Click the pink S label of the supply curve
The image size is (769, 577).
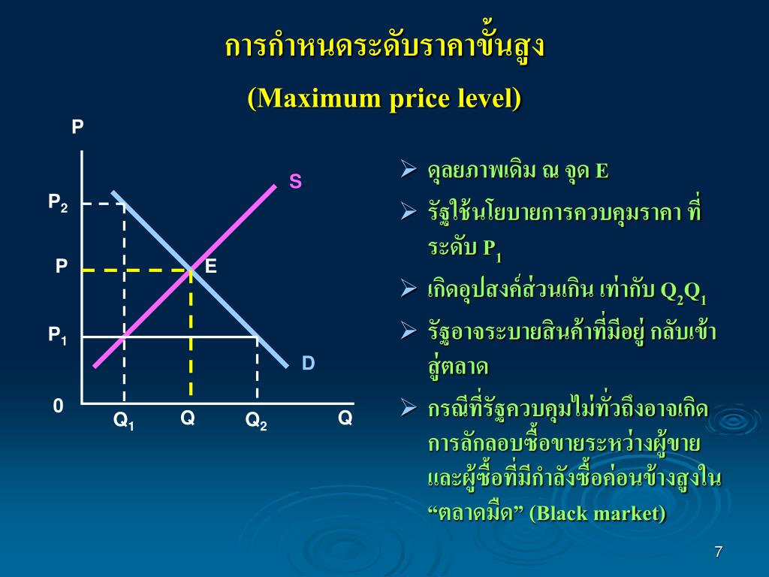click(x=296, y=181)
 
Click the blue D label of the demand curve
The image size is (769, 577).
click(x=309, y=364)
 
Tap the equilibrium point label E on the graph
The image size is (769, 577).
click(x=211, y=266)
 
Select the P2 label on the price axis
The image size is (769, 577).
click(x=58, y=202)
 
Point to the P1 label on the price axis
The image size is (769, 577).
click(x=58, y=336)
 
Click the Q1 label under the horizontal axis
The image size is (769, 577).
click(x=124, y=422)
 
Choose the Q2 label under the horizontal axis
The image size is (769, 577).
click(x=256, y=422)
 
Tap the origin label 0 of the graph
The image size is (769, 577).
click(x=58, y=406)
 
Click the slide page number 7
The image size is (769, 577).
click(x=718, y=552)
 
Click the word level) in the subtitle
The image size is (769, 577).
click(x=490, y=98)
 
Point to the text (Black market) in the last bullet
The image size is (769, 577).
click(x=598, y=514)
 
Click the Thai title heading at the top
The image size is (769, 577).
click(x=384, y=47)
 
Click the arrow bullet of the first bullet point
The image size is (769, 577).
click(x=409, y=170)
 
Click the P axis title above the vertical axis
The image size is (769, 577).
click(x=77, y=127)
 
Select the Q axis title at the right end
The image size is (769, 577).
click(x=345, y=418)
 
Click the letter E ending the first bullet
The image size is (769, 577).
click(x=602, y=171)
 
